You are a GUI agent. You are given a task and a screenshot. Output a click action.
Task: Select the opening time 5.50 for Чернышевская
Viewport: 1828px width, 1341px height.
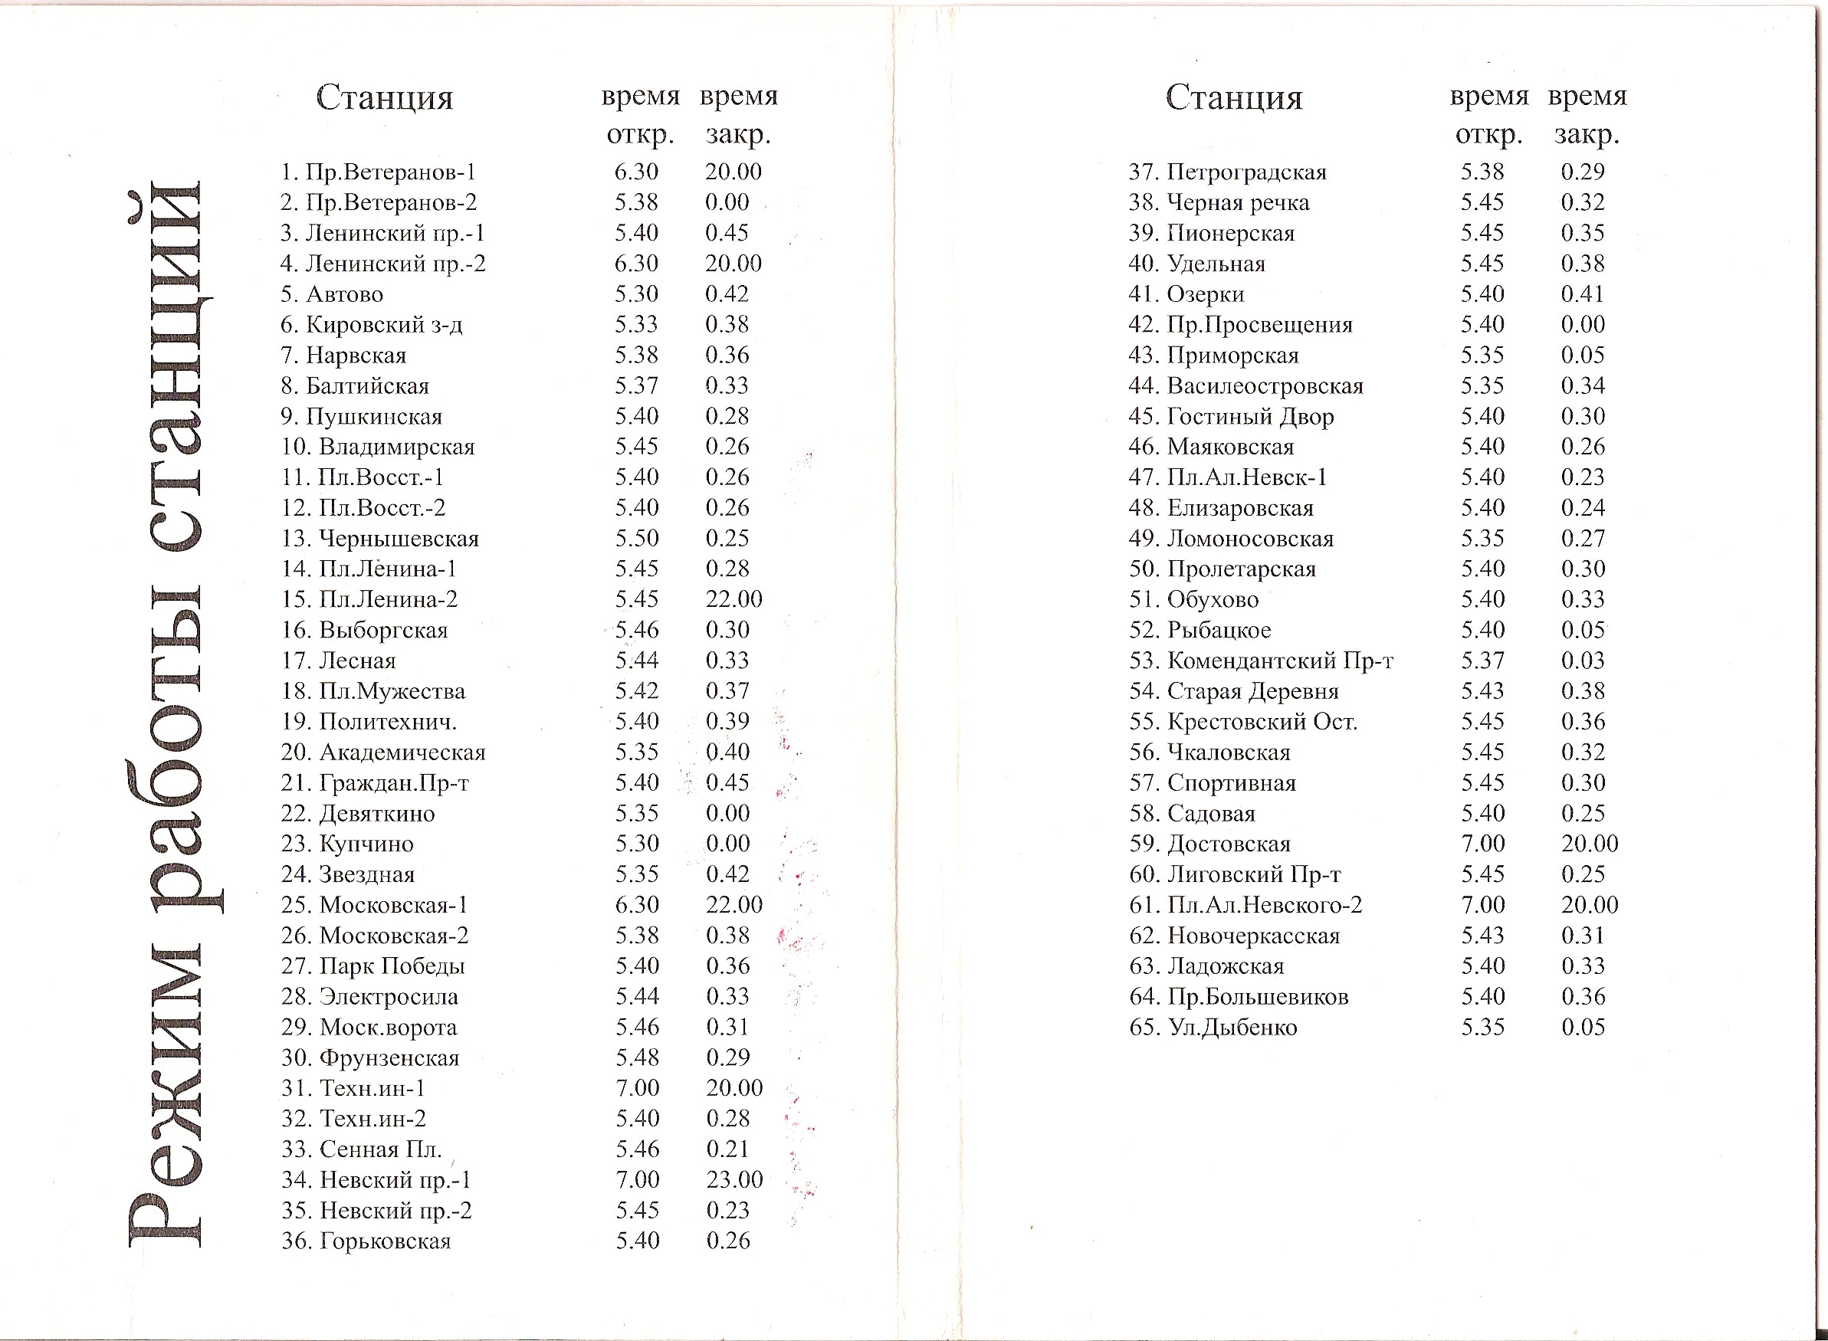636,539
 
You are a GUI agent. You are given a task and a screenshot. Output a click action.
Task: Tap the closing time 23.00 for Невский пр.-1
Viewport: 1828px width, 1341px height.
733,1180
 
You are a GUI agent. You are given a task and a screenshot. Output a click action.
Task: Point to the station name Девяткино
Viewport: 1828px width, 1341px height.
376,814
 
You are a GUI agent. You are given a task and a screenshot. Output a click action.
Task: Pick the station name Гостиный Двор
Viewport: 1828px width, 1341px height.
1250,417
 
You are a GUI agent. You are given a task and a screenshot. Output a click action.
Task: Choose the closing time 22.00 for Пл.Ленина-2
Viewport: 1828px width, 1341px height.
733,600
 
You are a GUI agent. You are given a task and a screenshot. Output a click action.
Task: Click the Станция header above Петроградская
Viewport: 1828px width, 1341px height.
1234,98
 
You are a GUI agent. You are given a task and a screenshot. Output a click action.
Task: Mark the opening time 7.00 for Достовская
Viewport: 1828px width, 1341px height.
1482,844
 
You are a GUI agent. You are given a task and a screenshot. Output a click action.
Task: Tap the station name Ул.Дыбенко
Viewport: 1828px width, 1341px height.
1232,1028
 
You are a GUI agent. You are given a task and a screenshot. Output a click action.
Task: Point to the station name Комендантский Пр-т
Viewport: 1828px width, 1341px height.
1279,661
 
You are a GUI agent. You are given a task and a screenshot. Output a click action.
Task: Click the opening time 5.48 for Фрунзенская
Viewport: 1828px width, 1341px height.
636,1057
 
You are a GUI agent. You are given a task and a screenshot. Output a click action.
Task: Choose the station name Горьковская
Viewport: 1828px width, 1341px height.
385,1241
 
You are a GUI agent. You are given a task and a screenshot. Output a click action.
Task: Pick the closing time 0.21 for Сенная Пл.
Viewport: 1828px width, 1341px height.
727,1149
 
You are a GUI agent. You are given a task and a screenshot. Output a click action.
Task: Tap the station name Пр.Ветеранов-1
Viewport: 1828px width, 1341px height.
389,173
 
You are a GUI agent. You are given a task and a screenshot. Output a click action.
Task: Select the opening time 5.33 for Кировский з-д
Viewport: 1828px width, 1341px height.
635,326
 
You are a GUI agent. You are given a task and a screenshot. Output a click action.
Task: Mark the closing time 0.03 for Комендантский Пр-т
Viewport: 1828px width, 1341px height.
1582,661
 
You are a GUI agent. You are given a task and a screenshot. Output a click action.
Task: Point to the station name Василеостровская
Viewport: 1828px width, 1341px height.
1265,386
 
